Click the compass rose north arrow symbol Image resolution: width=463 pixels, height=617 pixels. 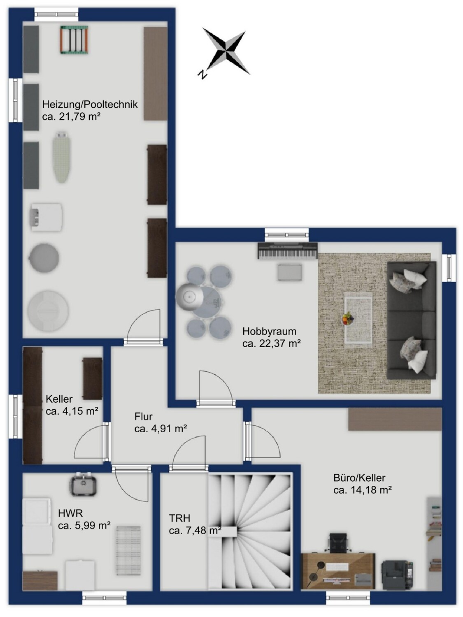[226, 51]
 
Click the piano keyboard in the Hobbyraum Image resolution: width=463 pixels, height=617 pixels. [288, 251]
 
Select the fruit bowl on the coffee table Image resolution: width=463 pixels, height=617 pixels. [348, 319]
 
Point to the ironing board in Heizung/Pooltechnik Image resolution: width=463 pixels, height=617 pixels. [61, 158]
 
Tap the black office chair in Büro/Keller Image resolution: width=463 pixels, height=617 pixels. [339, 542]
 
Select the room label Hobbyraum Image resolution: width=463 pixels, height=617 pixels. [269, 332]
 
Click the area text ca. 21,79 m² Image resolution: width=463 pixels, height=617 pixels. [71, 116]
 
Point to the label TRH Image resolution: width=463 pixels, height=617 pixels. [179, 518]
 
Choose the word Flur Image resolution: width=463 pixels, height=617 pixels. [144, 416]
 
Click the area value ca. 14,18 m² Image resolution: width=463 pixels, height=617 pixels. [363, 490]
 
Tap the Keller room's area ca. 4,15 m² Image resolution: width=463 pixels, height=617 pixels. [72, 411]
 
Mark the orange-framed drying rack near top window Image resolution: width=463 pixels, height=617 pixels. [74, 39]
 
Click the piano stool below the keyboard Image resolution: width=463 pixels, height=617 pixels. [290, 272]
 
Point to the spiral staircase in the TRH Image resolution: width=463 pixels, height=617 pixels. [250, 531]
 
